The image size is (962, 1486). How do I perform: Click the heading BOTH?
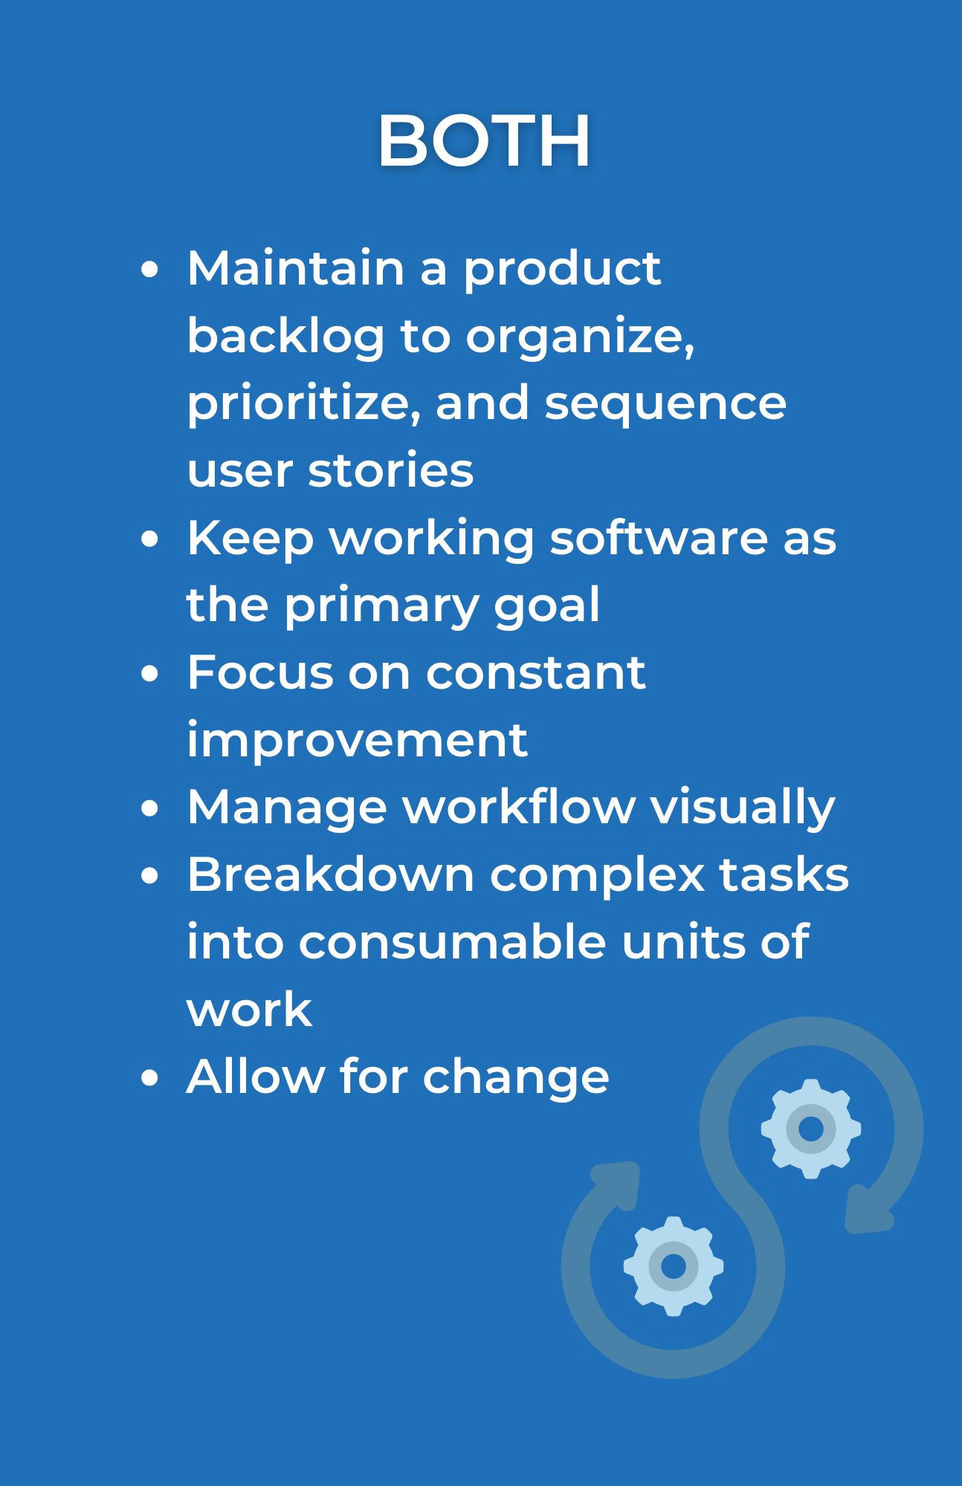click(484, 140)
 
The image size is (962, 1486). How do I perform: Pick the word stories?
click(390, 470)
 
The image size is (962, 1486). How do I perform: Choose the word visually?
click(743, 808)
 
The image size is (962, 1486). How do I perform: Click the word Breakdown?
click(331, 875)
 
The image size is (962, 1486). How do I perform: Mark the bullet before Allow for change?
click(150, 1078)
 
